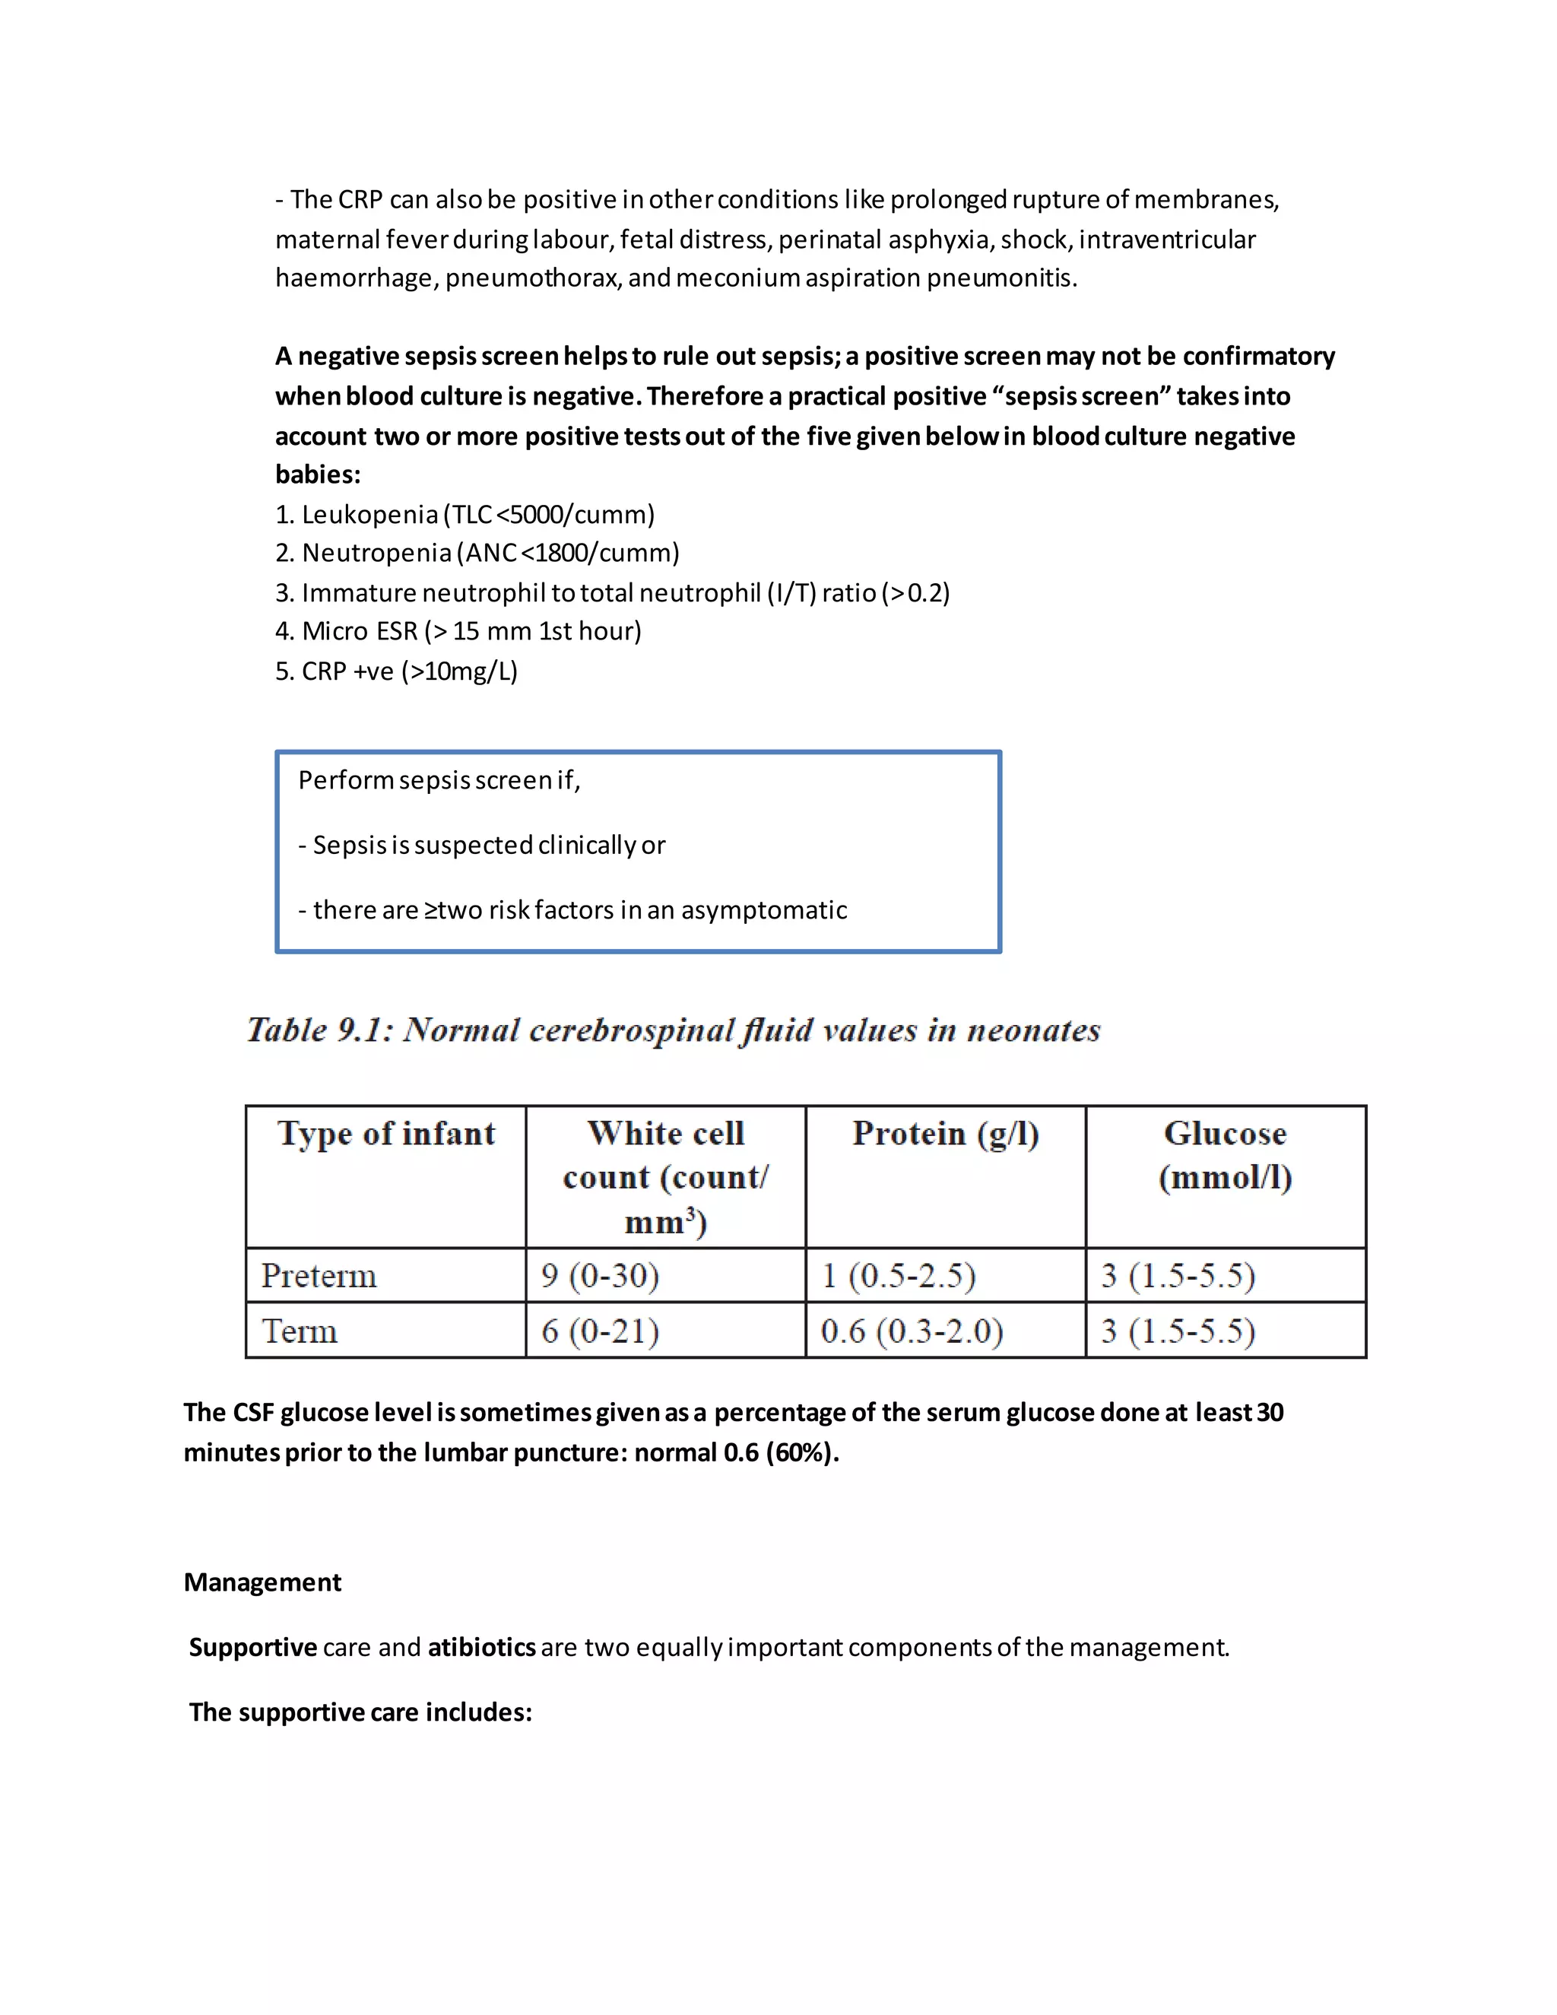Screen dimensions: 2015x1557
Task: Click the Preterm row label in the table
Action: (319, 1276)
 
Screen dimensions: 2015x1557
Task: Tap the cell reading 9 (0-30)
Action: (601, 1276)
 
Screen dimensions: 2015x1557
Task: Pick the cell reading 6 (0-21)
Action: (601, 1331)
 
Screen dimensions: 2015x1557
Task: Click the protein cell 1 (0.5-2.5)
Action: (899, 1276)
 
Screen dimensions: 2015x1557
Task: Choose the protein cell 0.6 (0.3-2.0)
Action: (912, 1331)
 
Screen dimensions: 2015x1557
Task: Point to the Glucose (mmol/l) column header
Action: (1225, 1155)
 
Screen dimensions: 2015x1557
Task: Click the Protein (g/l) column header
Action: (946, 1134)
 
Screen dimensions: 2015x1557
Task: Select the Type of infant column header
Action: (386, 1134)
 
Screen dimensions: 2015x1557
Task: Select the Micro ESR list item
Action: (458, 631)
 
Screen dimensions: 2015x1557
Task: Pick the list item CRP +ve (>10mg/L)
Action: (397, 671)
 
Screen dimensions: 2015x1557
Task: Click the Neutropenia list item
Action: (477, 553)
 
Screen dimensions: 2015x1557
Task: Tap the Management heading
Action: (262, 1582)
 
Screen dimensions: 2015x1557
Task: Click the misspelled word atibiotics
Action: (481, 1648)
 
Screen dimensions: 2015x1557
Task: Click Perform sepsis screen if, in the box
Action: (439, 781)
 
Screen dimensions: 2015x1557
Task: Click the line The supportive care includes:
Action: (360, 1712)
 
